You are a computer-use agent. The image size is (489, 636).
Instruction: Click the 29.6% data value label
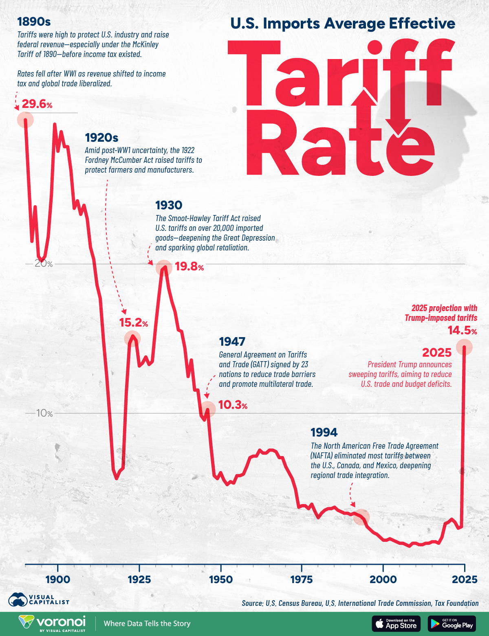[37, 104]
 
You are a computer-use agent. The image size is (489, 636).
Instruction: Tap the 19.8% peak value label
[189, 267]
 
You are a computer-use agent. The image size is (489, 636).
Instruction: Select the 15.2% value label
[133, 323]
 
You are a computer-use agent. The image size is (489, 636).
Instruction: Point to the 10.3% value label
[233, 405]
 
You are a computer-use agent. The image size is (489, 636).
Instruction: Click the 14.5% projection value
[462, 331]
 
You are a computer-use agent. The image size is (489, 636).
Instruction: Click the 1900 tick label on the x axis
[58, 579]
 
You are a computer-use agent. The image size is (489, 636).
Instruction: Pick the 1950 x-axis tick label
[220, 579]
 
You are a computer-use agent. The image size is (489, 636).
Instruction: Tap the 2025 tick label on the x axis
[464, 579]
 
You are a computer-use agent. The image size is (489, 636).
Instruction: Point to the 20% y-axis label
[44, 264]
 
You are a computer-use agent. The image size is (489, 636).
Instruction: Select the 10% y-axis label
[44, 413]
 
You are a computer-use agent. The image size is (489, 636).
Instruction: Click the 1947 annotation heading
[232, 342]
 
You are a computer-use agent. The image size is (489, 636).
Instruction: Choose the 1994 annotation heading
[324, 432]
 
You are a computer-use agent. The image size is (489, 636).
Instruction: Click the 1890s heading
[34, 22]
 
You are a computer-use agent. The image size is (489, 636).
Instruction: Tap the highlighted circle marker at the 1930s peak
[164, 268]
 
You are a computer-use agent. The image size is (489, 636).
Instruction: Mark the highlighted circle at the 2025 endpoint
[464, 347]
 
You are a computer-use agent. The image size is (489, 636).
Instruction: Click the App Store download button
[396, 623]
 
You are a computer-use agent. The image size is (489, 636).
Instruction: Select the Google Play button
[452, 623]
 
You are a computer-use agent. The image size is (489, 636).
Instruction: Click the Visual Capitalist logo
[39, 599]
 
